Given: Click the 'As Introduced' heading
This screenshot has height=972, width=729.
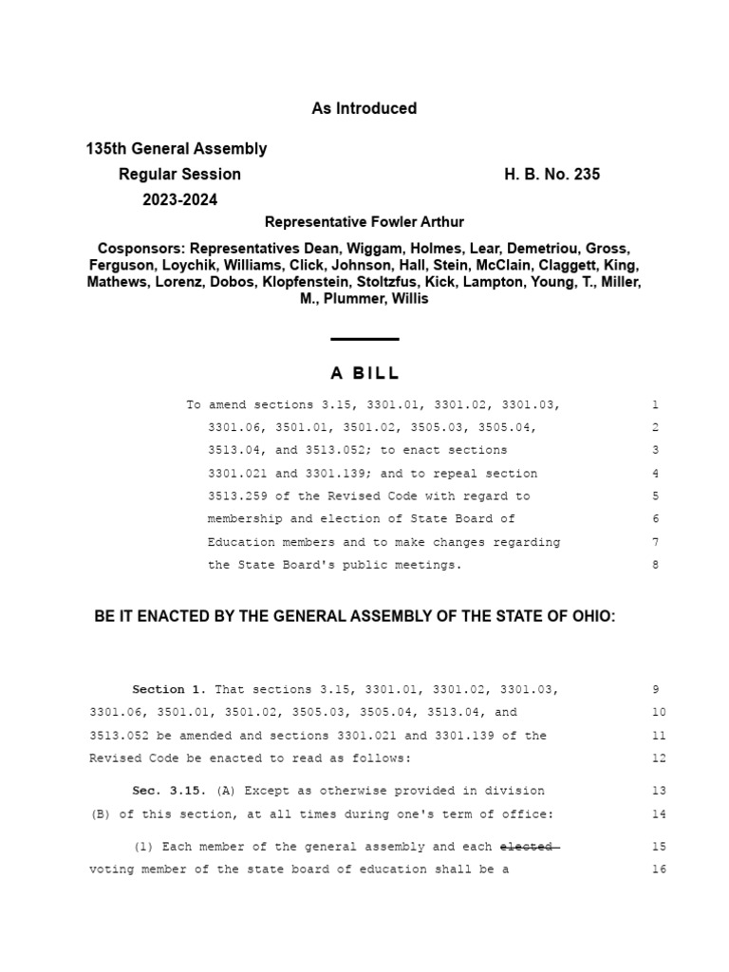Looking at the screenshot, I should [364, 108].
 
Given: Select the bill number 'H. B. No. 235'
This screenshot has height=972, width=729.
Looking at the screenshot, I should [551, 175].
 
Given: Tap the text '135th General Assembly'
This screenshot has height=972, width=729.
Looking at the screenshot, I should [177, 149].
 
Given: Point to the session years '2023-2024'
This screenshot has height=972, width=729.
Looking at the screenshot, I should [180, 200].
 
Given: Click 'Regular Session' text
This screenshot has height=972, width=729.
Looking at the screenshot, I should [179, 175].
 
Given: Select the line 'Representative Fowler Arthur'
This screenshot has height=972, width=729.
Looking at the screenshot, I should [364, 222].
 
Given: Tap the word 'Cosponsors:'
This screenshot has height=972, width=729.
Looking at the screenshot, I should [140, 249].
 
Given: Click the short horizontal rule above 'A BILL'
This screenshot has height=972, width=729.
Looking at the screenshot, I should [364, 339].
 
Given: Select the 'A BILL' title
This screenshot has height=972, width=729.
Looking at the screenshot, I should [364, 373].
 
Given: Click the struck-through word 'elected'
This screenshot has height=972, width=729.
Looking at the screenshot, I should [528, 846].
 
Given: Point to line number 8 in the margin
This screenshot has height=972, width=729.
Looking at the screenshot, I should [655, 565].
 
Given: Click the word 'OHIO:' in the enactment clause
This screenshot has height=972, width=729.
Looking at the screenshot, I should [593, 617].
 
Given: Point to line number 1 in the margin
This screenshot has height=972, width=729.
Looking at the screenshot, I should [655, 405].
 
